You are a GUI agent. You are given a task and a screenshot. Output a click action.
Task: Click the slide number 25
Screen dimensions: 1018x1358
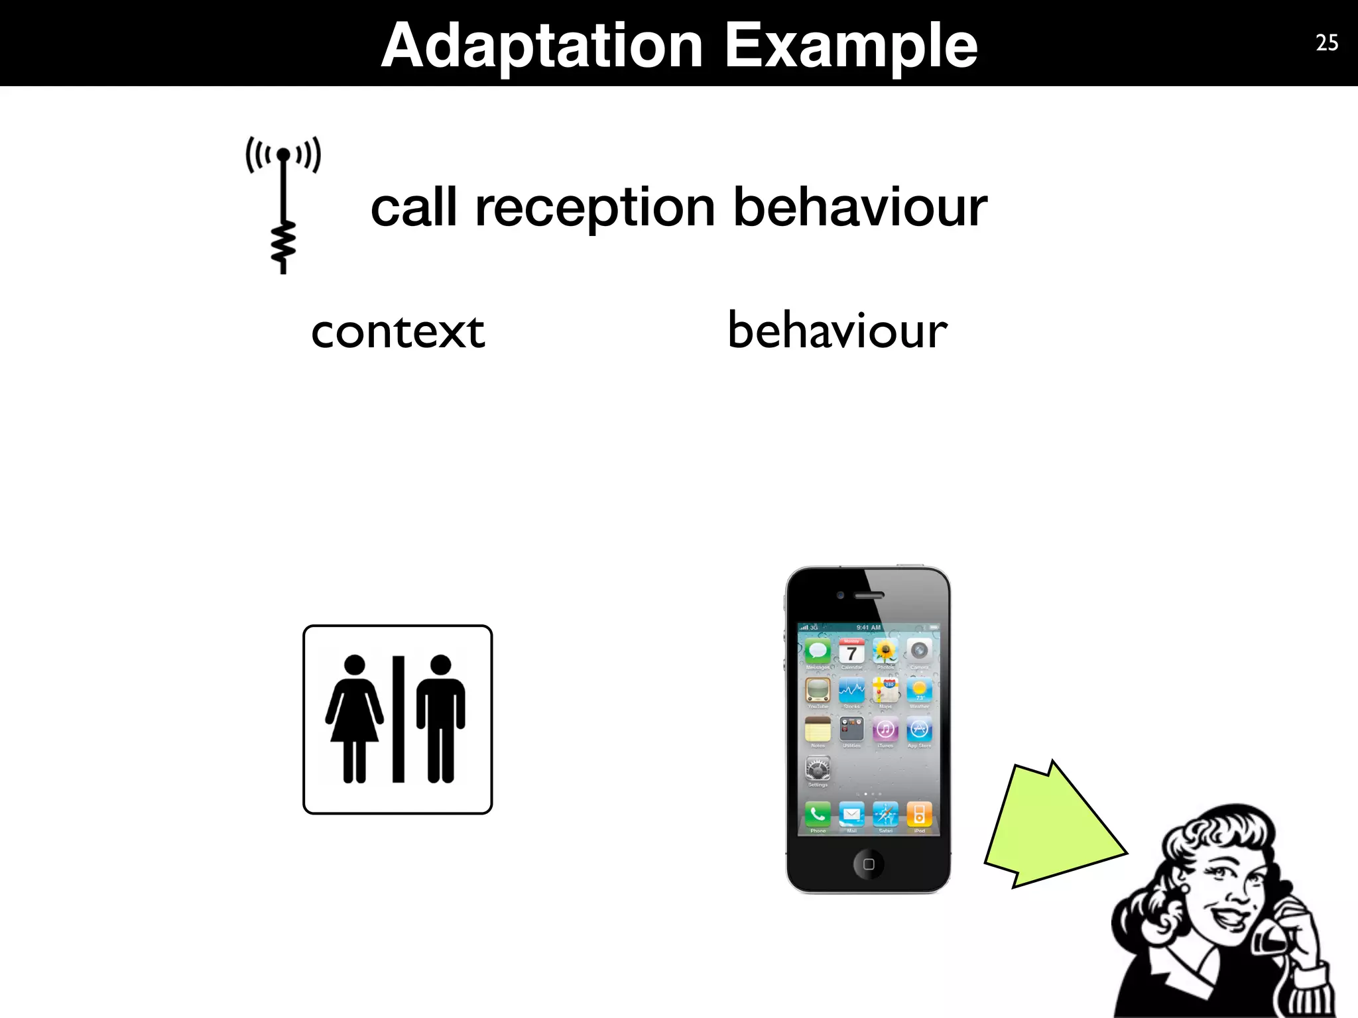point(1327,43)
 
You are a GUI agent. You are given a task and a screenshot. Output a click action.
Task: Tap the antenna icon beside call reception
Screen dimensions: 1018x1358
point(283,204)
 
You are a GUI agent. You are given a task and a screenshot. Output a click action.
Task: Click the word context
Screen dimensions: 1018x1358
point(398,331)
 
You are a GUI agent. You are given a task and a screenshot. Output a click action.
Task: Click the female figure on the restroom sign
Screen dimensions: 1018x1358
point(354,718)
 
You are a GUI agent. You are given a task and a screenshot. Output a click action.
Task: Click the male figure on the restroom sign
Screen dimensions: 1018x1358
point(441,718)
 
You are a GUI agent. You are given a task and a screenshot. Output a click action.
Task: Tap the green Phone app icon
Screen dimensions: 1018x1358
point(818,814)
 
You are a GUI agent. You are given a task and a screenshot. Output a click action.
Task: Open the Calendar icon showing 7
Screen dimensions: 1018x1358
point(851,652)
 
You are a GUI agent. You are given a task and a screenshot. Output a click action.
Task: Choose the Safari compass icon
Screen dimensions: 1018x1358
point(885,814)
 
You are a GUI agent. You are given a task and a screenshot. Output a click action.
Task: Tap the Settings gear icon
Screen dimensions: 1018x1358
point(818,769)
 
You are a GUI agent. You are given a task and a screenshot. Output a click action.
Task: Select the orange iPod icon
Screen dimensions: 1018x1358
point(919,814)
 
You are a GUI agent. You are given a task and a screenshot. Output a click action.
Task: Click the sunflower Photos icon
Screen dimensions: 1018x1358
point(885,652)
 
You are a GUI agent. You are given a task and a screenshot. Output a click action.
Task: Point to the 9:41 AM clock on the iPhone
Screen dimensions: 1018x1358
point(868,627)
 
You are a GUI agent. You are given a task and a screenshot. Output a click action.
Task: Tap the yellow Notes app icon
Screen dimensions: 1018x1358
point(818,730)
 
